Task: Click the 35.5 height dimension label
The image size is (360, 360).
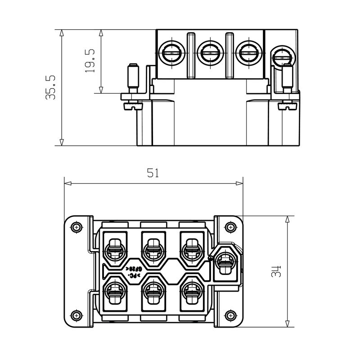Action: click(50, 87)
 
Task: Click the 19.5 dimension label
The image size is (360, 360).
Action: click(90, 61)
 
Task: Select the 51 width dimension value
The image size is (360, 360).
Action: click(153, 173)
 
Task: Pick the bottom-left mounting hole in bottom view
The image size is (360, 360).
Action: click(76, 315)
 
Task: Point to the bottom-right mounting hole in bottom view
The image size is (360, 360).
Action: click(230, 315)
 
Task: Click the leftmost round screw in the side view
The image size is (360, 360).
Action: click(171, 53)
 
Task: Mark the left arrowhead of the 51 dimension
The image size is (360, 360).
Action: click(65, 183)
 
